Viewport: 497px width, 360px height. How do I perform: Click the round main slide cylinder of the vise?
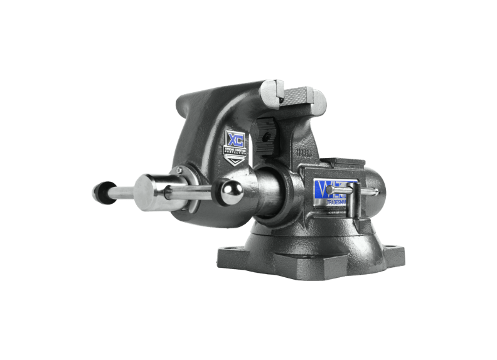click(x=270, y=194)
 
